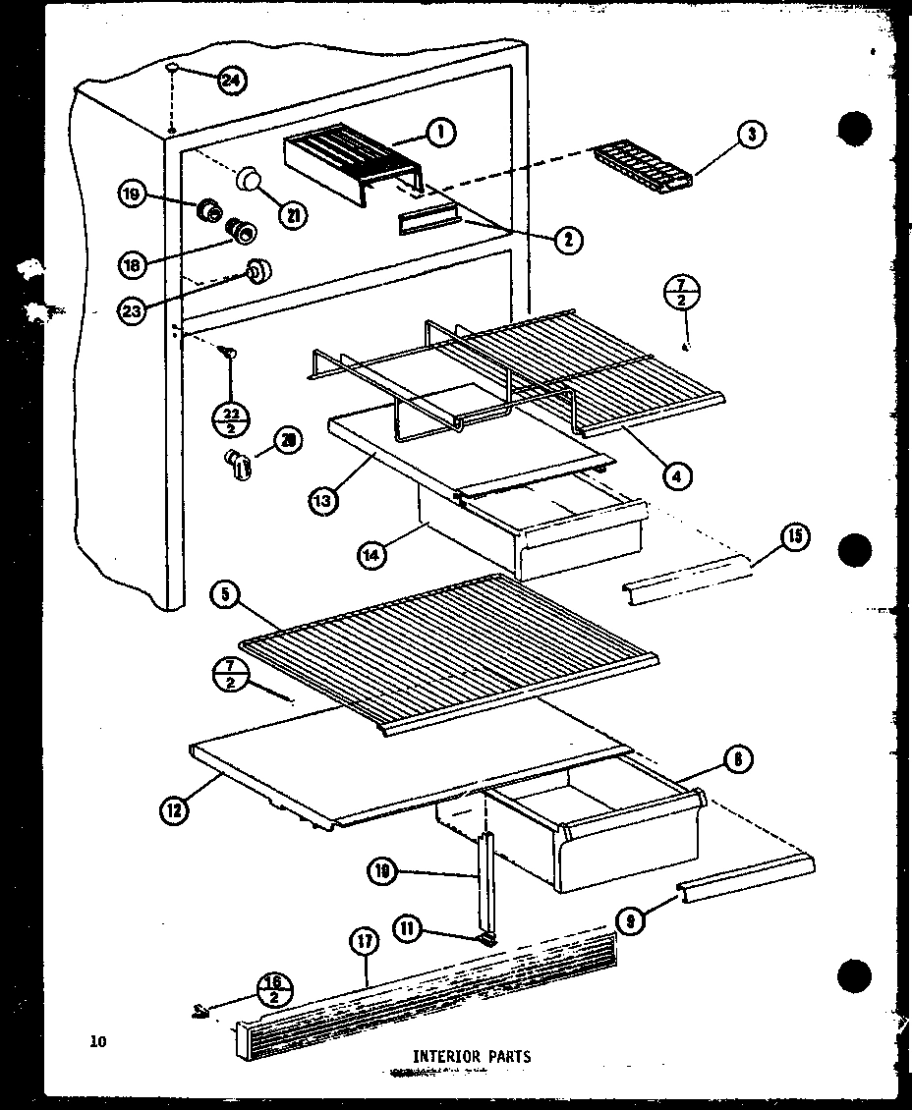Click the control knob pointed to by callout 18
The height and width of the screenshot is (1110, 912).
click(x=242, y=232)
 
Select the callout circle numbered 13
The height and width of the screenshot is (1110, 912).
click(x=321, y=499)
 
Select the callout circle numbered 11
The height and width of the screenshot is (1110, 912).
click(x=410, y=926)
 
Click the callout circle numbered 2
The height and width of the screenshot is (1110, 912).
click(x=567, y=238)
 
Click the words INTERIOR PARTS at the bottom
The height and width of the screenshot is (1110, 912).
click(x=472, y=1057)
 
